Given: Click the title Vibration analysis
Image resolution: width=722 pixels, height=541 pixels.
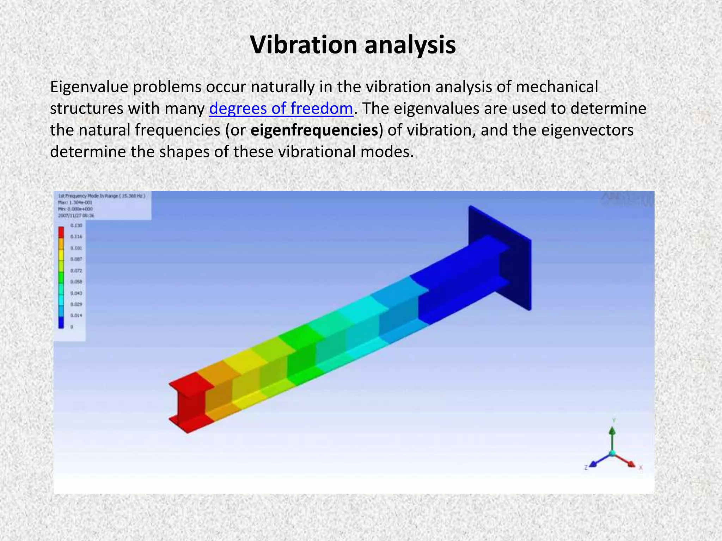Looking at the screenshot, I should (353, 45).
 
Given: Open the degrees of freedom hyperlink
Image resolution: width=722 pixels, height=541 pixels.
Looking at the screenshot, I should (281, 108).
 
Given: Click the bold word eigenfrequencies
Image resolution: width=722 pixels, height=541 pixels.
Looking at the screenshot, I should (314, 130).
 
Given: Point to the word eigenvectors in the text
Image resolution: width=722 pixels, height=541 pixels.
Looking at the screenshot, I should (587, 130).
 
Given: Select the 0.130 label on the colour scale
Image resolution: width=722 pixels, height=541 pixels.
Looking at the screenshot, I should (76, 225).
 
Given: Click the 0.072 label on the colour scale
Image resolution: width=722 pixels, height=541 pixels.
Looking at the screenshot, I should (76, 270).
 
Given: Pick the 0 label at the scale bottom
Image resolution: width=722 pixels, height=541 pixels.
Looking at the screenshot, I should (72, 327).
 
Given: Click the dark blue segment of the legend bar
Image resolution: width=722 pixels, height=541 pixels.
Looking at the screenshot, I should (61, 322).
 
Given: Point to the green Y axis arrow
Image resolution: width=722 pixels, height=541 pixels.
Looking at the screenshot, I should (613, 433).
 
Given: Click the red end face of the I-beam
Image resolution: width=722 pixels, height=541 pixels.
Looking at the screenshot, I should (187, 405).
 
